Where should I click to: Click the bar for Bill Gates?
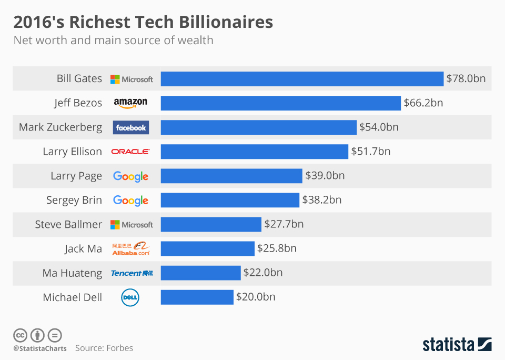pos(302,79)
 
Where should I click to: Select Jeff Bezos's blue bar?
pos(281,103)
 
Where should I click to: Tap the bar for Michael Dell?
pos(197,297)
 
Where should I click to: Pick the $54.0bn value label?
pos(379,127)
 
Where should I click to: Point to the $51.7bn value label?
pos(370,152)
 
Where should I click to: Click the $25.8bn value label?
pos(277,248)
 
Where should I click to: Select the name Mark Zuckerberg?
pos(60,127)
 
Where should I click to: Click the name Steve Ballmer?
pos(68,224)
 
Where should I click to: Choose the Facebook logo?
pos(131,127)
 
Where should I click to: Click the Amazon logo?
pos(130,103)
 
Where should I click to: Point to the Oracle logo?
pos(130,152)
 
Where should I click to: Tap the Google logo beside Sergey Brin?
pos(130,201)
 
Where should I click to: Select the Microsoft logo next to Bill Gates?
pos(132,79)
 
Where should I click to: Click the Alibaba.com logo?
pos(131,248)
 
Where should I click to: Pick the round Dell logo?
pos(130,297)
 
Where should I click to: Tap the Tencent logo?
pos(132,273)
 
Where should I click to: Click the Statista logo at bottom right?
pos(457,345)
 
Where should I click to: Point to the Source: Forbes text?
pos(104,348)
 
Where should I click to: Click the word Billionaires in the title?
pos(226,23)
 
